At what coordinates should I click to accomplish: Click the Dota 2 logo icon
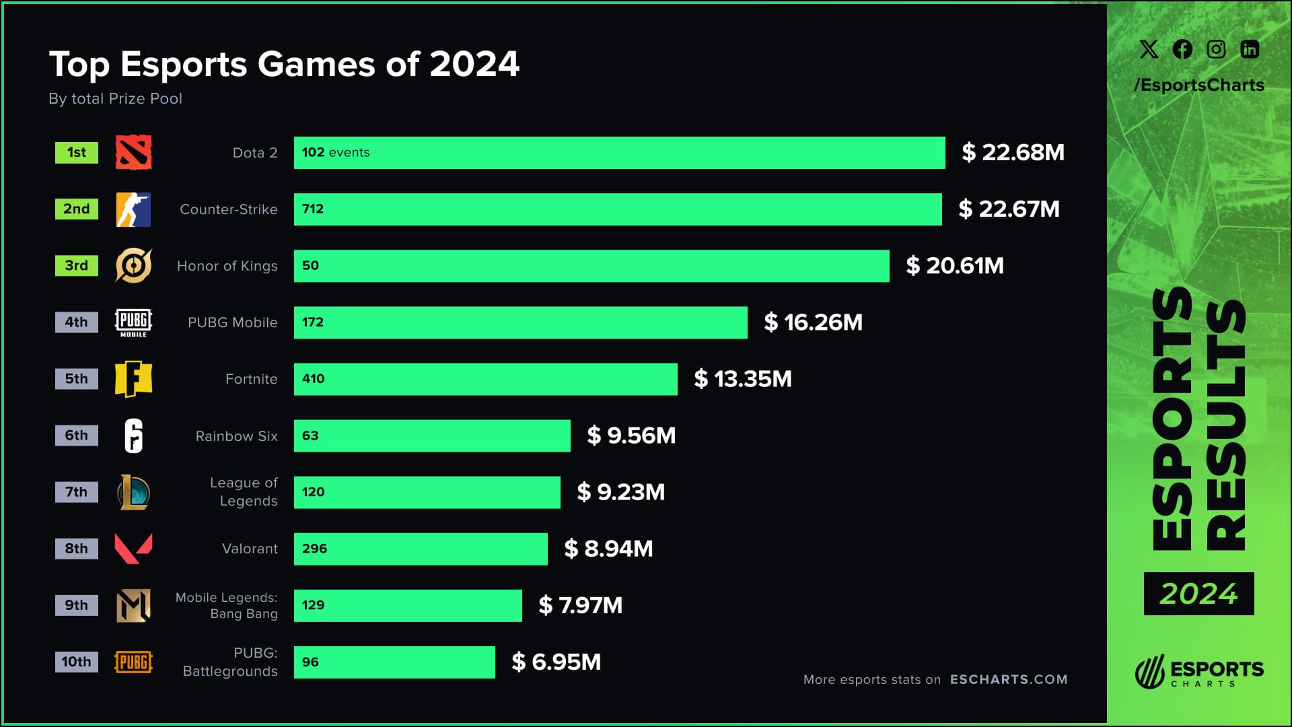(x=133, y=152)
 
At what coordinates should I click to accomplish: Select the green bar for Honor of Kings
(x=591, y=266)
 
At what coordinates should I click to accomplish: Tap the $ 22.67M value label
(x=1009, y=209)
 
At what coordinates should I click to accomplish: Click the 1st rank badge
(x=76, y=153)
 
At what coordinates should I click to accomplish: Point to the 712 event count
(x=313, y=209)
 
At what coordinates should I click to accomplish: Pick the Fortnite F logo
(x=133, y=379)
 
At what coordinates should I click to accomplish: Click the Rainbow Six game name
(x=236, y=436)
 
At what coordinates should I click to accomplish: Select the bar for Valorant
(x=421, y=549)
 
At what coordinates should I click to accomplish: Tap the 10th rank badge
(x=76, y=662)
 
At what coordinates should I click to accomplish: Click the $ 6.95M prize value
(x=556, y=662)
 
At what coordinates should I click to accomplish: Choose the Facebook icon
(x=1182, y=49)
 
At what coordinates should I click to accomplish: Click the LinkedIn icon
(x=1250, y=49)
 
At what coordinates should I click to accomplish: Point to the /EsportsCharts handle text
(x=1198, y=85)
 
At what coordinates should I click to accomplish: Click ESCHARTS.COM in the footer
(x=1008, y=679)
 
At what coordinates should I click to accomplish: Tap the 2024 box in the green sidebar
(x=1198, y=594)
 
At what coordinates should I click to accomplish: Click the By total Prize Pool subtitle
(x=115, y=99)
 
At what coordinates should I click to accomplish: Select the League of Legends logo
(x=133, y=492)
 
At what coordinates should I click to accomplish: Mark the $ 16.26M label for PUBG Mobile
(x=813, y=322)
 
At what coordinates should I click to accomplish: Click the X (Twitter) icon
(x=1149, y=49)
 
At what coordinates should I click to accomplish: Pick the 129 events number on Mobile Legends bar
(x=313, y=605)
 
